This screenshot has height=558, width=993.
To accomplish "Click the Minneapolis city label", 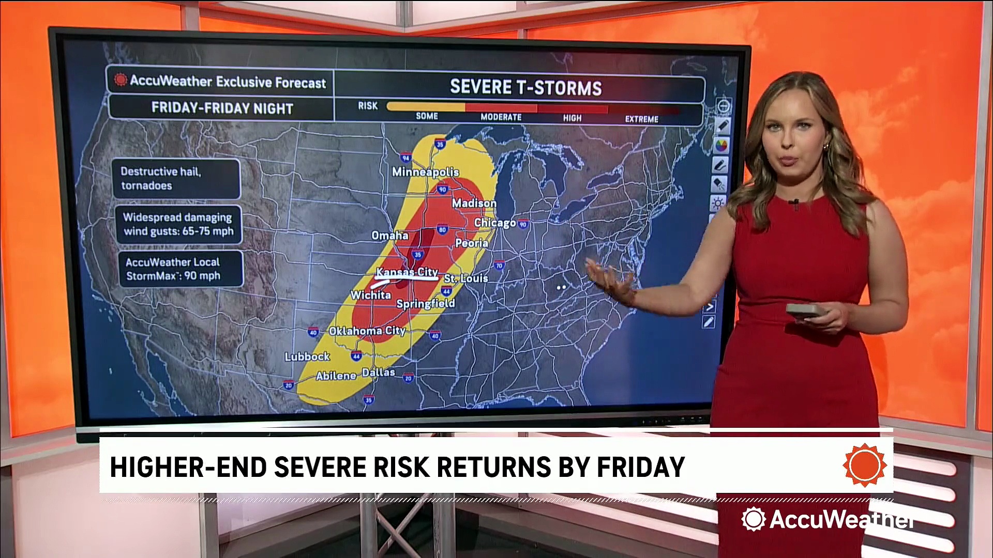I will [x=425, y=172].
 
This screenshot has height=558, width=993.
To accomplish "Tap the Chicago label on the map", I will [x=495, y=222].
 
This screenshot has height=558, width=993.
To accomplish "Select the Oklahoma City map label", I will [x=367, y=331].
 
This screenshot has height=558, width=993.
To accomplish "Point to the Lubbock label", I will [x=307, y=357].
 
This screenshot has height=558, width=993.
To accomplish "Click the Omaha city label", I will [x=390, y=236].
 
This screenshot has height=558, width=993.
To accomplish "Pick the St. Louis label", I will [x=466, y=278].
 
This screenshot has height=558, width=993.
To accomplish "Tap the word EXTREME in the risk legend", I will [x=641, y=119].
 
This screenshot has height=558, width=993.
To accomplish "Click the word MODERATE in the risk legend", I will [x=501, y=117].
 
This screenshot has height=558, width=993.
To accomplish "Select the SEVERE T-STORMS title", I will [x=525, y=87].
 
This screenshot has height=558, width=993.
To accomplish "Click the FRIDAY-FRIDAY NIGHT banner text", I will [x=222, y=108].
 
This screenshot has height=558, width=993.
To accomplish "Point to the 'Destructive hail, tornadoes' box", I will [x=176, y=178].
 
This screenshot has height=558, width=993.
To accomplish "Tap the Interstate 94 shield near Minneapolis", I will [x=405, y=158].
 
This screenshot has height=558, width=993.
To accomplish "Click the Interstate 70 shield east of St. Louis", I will [x=499, y=266].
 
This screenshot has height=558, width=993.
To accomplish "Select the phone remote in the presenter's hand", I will [x=803, y=310].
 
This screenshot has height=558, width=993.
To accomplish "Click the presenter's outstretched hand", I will [x=610, y=279].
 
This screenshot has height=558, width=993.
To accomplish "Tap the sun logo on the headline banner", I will [x=864, y=464].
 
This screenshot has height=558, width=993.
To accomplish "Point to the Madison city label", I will [x=474, y=204].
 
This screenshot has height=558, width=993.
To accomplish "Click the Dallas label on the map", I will [x=378, y=373].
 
